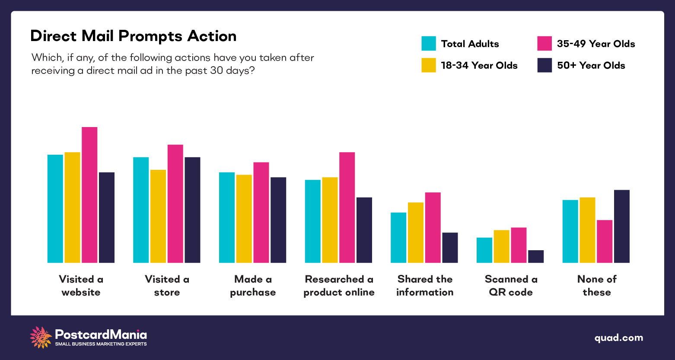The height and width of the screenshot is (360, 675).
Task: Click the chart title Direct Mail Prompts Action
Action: tap(133, 36)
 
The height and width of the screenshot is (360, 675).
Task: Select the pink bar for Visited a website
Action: tap(89, 195)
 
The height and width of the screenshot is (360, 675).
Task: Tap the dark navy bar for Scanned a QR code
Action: tap(536, 256)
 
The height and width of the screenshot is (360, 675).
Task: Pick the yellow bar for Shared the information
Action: tap(416, 233)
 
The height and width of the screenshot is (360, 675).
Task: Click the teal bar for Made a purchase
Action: tap(227, 217)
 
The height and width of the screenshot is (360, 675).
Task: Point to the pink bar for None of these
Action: tap(605, 242)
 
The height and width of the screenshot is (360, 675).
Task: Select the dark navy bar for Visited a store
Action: tap(192, 210)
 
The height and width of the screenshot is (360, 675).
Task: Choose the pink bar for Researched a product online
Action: tap(347, 207)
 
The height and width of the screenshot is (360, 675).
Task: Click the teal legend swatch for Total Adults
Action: tap(429, 44)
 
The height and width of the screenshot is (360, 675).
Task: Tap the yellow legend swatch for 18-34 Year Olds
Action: tap(429, 65)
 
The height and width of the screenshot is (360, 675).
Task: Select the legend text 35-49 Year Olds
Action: tap(595, 44)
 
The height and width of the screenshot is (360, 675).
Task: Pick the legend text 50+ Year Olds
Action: tap(591, 65)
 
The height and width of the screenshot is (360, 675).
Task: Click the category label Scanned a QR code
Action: tap(511, 286)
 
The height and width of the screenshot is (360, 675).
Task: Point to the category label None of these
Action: tap(597, 286)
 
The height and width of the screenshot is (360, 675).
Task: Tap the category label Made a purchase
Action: tap(253, 286)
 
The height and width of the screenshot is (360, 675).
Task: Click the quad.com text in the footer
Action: tap(618, 338)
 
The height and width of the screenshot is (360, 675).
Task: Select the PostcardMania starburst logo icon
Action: tap(41, 337)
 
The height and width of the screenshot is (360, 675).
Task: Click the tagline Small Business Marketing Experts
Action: tap(101, 344)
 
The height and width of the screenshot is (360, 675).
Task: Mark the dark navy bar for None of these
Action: tap(622, 226)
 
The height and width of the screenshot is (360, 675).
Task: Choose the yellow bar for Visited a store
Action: tap(158, 216)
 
